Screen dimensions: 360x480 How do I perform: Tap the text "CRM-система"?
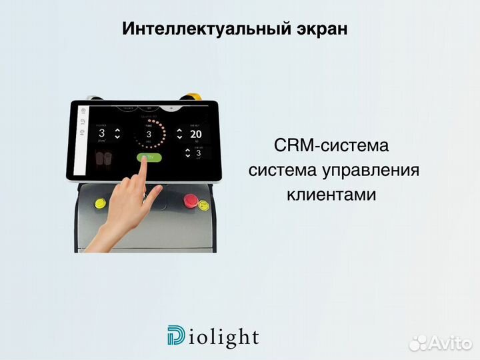tap(331, 145)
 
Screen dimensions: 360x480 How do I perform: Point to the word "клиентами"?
tap(331, 195)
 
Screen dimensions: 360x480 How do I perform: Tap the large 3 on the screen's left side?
tap(101, 133)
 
